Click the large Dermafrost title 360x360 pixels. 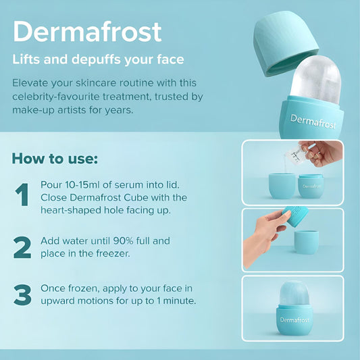click(87, 32)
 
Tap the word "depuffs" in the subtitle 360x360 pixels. click(96, 59)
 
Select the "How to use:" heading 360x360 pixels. click(55, 159)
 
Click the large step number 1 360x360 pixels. click(22, 195)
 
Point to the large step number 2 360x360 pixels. click(22, 248)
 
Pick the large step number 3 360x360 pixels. click(22, 295)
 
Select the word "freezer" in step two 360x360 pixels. click(113, 254)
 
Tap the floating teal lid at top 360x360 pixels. click(285, 43)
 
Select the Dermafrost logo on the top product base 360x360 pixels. click(313, 122)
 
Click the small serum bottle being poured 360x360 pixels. click(294, 155)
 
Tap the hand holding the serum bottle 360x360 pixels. click(323, 153)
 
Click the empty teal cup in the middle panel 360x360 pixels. click(306, 242)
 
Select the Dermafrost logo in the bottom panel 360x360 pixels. click(294, 320)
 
